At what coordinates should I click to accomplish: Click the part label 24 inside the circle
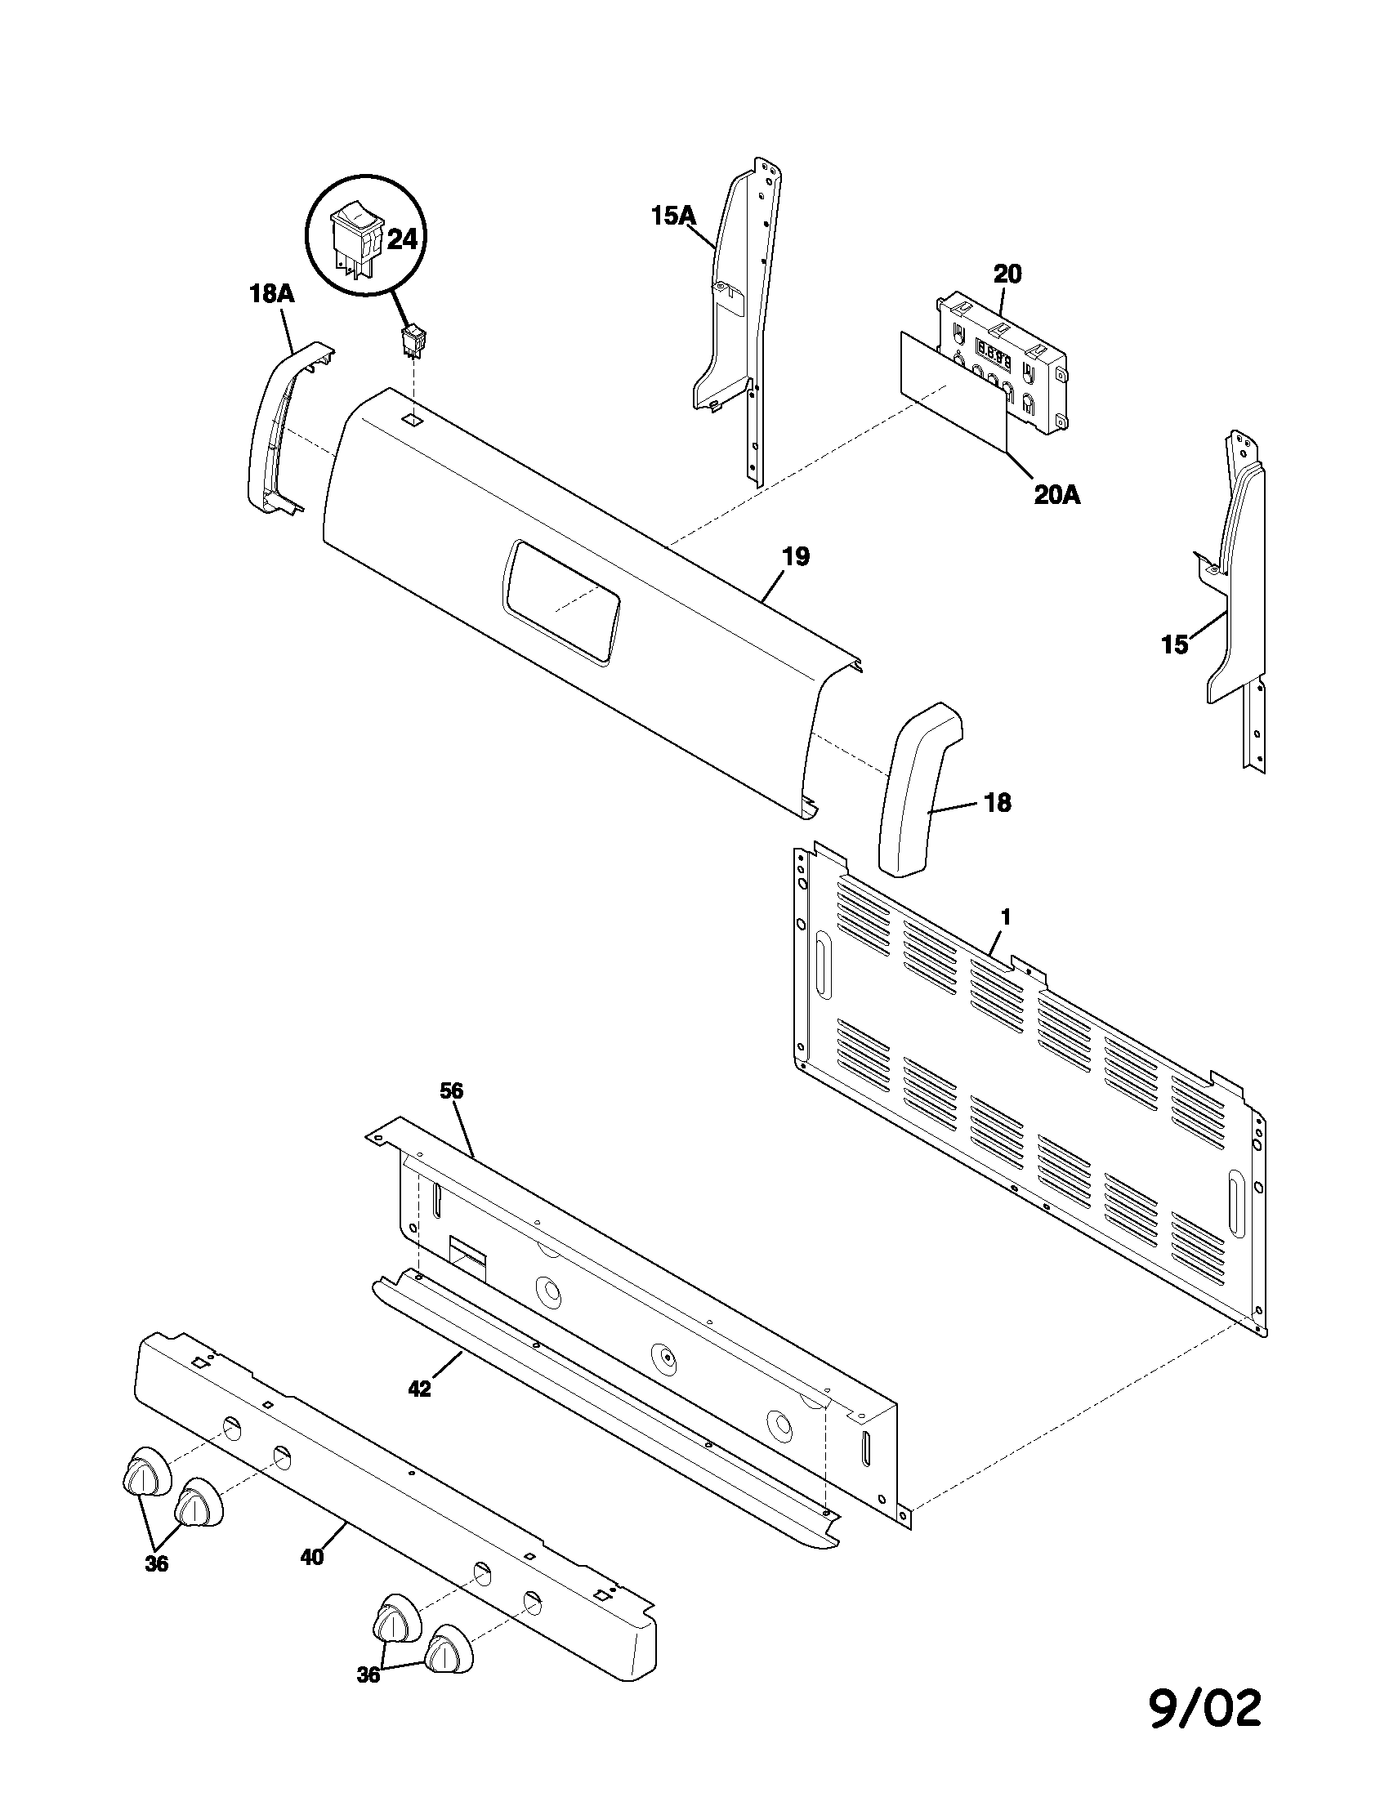[x=402, y=240]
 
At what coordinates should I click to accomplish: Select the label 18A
[x=272, y=294]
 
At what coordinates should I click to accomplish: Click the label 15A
[x=672, y=216]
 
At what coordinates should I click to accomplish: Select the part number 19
[x=795, y=556]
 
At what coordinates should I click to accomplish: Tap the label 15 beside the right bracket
[x=1174, y=645]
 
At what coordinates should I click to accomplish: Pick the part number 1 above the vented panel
[x=1005, y=916]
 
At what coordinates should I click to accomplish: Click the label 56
[x=452, y=1091]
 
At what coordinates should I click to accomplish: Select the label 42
[x=419, y=1388]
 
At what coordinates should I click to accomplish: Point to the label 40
[x=311, y=1557]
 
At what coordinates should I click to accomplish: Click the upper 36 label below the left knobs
[x=156, y=1563]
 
